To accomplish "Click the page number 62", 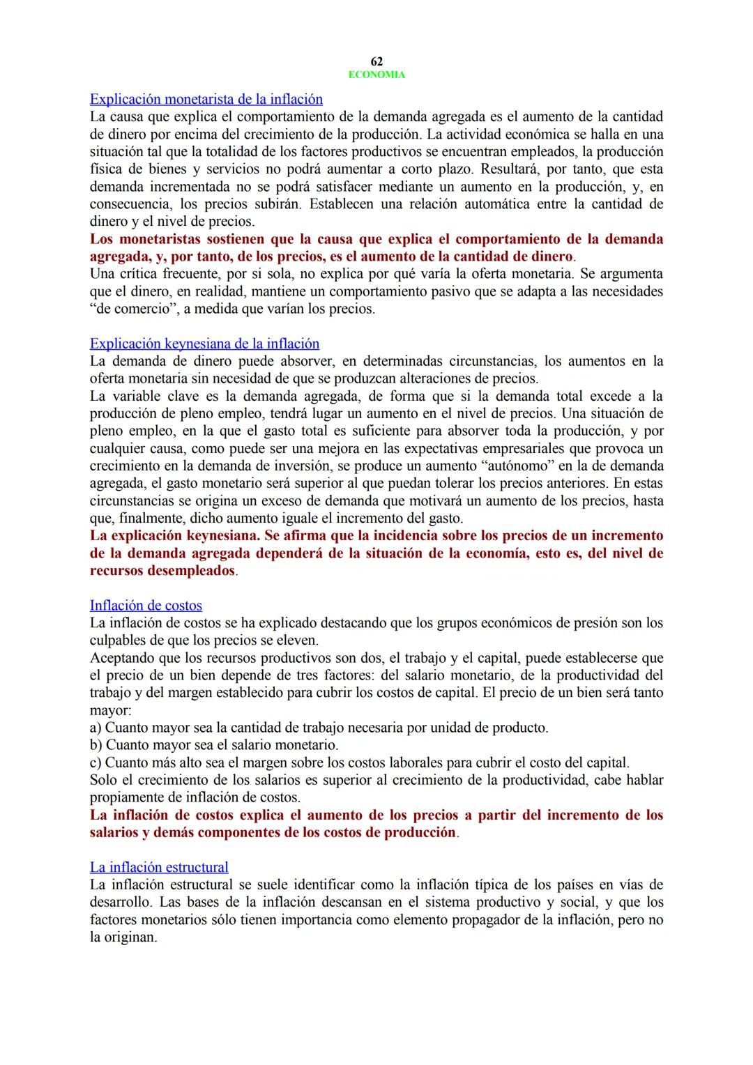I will click(x=376, y=62).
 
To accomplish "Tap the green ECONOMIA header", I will click(x=376, y=75).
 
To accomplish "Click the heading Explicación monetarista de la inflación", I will click(x=206, y=99).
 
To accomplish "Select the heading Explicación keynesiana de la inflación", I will click(x=204, y=344).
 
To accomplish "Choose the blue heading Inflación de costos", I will click(x=146, y=606).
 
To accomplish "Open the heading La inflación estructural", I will click(x=159, y=867).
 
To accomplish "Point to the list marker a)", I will click(x=96, y=728).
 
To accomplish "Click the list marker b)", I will click(x=96, y=745).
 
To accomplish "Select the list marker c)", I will click(x=96, y=763).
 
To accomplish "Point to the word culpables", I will click(x=119, y=640).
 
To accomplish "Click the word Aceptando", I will click(x=122, y=658).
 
